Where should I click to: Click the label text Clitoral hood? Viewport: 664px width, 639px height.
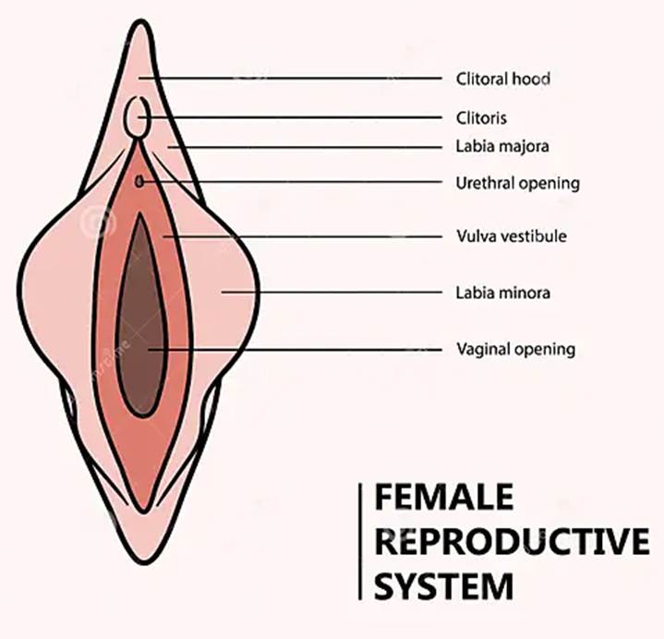coord(503,78)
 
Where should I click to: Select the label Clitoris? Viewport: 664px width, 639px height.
coord(481,118)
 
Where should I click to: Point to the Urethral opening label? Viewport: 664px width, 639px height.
coord(518,183)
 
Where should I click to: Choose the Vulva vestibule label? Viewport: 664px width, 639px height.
coord(512,236)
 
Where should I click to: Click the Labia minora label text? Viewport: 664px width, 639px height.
coord(503,293)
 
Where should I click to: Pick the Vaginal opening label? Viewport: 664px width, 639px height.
coord(516,349)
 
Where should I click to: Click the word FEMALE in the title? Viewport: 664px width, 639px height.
coord(443,500)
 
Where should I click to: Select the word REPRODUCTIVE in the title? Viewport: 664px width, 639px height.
coord(512,543)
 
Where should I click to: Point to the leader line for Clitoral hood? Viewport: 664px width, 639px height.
coord(296,78)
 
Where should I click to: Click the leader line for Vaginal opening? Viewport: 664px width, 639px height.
coord(296,349)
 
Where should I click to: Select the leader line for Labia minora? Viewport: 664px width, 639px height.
coord(332,293)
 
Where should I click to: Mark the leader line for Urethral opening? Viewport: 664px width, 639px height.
coord(296,182)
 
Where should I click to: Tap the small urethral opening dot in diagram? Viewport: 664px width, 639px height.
coord(139,182)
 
